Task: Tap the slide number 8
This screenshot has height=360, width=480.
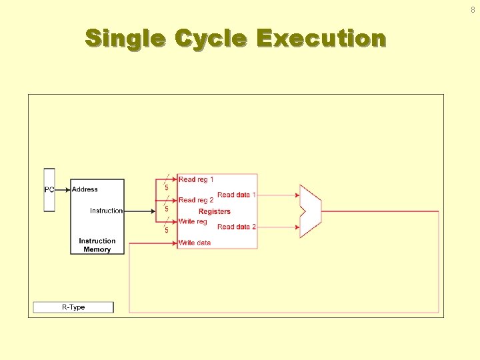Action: (473, 9)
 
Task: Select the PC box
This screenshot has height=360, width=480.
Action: (49, 190)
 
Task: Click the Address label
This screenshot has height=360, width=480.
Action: (85, 189)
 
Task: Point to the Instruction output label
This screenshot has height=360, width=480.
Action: (107, 211)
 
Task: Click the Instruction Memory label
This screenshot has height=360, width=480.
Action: (97, 245)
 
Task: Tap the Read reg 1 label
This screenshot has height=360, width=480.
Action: (196, 179)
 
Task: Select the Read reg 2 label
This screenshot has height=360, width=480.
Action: (196, 200)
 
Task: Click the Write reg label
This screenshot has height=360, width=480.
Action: (193, 221)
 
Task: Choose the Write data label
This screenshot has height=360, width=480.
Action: (195, 243)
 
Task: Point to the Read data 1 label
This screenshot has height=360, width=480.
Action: (237, 195)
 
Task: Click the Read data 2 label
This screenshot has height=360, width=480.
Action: (237, 227)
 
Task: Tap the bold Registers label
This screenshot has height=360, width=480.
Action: (215, 211)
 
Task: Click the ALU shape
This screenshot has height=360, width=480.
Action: (311, 211)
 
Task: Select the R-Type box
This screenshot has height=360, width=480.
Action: (73, 307)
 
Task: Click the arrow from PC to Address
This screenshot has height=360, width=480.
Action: (63, 189)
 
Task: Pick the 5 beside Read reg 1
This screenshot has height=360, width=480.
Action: (167, 188)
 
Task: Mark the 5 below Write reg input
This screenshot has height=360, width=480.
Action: (167, 231)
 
